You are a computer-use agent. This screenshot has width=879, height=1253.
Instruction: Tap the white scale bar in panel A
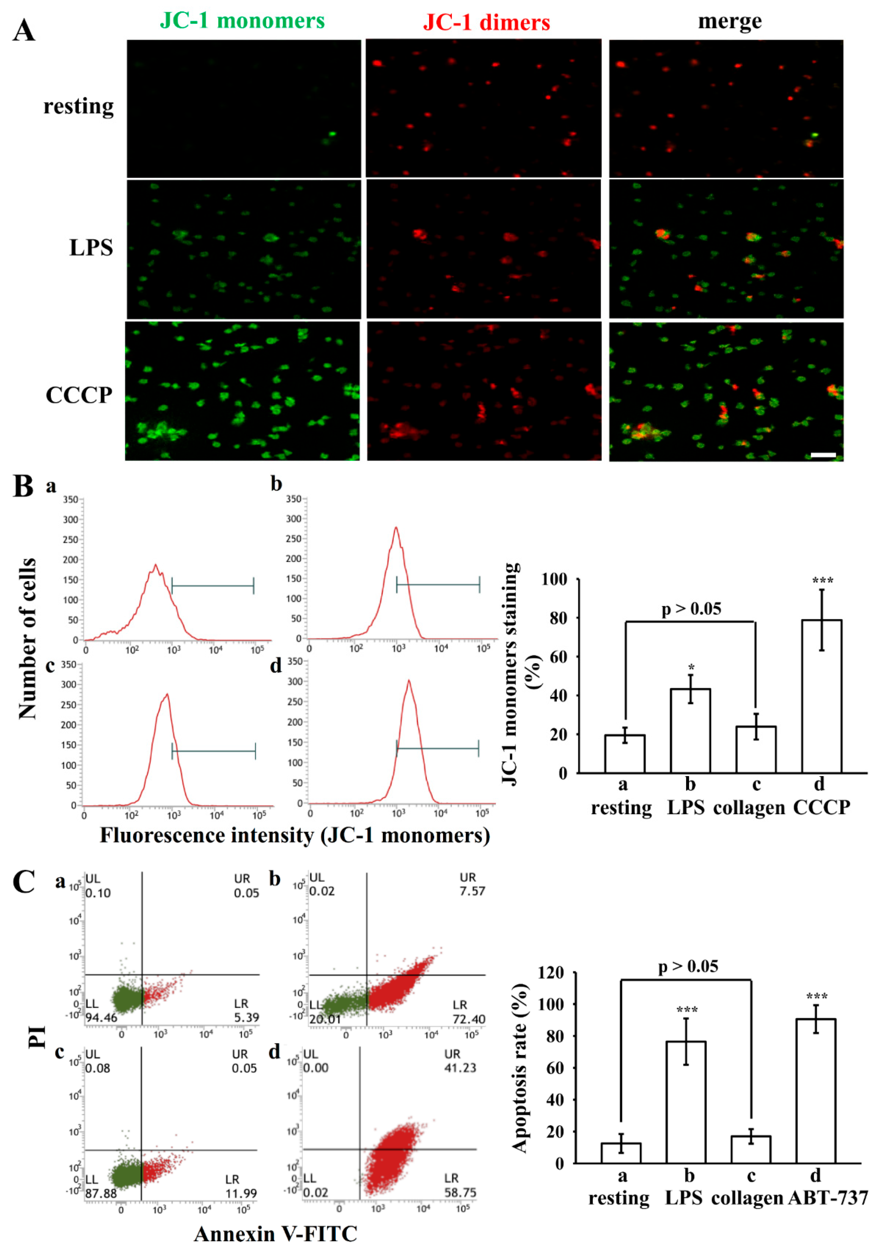(x=823, y=455)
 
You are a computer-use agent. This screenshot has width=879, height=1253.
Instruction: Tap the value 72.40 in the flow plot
(x=468, y=1019)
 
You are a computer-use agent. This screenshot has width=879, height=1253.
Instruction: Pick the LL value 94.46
(x=101, y=1018)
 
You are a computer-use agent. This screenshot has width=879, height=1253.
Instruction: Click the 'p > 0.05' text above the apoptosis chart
(x=688, y=967)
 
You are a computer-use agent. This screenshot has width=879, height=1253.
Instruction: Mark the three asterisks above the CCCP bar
(x=822, y=580)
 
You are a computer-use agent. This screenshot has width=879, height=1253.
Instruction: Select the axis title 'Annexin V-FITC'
(x=276, y=1234)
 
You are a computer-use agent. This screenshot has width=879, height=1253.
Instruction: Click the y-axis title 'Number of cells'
(x=27, y=639)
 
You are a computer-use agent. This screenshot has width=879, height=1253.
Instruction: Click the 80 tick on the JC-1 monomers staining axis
(x=558, y=618)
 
